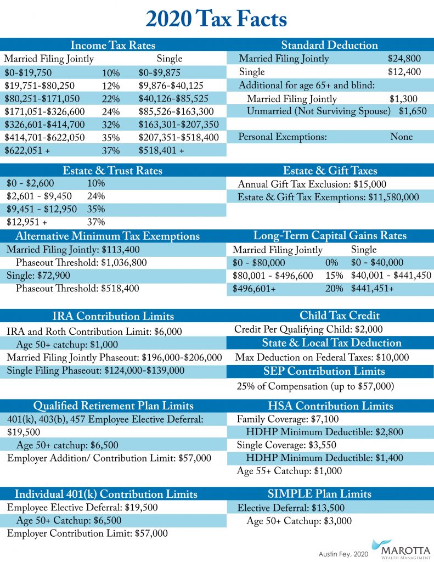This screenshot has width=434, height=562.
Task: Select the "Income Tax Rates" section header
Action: (112, 45)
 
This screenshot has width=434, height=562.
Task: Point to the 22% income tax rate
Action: (111, 99)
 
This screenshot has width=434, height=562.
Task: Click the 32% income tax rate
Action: (111, 125)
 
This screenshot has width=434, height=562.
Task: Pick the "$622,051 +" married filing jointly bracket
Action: (24, 150)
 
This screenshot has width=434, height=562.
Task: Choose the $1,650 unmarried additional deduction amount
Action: (412, 111)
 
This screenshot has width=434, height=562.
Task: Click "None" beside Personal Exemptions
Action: (401, 137)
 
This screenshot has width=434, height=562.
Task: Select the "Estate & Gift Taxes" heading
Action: (330, 170)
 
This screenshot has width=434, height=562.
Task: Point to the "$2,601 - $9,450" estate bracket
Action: (38, 196)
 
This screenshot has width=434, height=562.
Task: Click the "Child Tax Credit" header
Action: (331, 315)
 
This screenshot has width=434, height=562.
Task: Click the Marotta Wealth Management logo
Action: (397, 548)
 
